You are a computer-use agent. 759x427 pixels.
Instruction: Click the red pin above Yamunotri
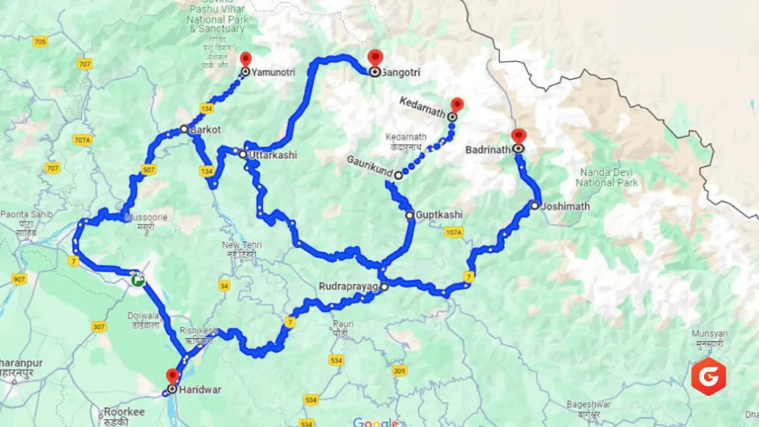coord(246,59)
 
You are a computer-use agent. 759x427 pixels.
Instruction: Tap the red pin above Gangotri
coord(374,57)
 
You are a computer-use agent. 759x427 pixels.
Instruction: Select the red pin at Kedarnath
coord(457,105)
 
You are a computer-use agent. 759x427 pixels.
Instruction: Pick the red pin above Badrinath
coord(518,136)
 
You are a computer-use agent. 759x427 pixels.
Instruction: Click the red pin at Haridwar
coord(173,376)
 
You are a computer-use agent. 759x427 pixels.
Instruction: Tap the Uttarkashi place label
coord(273,155)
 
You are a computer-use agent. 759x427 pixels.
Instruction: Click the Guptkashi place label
coord(439,215)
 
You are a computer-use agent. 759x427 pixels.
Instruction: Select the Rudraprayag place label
coord(348,285)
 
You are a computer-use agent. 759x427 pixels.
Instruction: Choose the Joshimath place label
coord(565,206)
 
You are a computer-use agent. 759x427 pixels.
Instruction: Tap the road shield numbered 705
coord(39,42)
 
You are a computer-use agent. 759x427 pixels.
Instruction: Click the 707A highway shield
coord(82,140)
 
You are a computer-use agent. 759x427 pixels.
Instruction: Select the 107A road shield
coord(453,233)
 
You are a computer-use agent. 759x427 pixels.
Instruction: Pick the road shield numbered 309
coord(400,371)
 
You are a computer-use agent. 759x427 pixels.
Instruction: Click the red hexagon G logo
coord(708,376)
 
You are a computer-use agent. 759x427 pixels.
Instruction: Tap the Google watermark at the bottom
coord(375,422)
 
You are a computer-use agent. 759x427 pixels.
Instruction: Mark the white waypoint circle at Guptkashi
coord(409,215)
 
